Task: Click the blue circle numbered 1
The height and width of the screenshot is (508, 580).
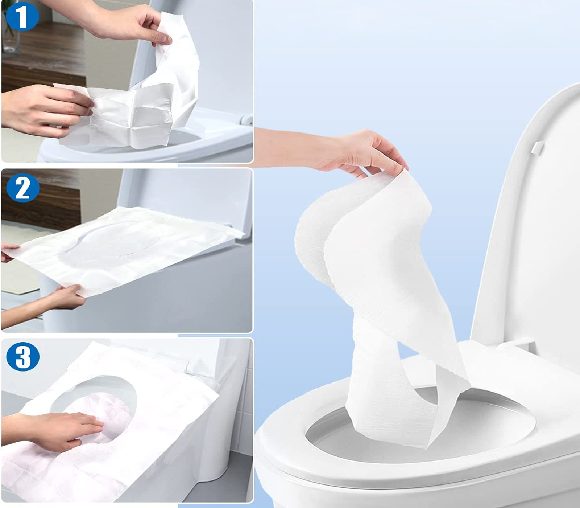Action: (x=22, y=17)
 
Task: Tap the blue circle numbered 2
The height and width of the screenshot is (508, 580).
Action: (x=23, y=188)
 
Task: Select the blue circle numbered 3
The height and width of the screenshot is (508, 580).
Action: (x=23, y=356)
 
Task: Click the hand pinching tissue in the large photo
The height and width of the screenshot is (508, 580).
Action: (x=348, y=152)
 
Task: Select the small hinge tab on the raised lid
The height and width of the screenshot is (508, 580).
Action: (x=538, y=147)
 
